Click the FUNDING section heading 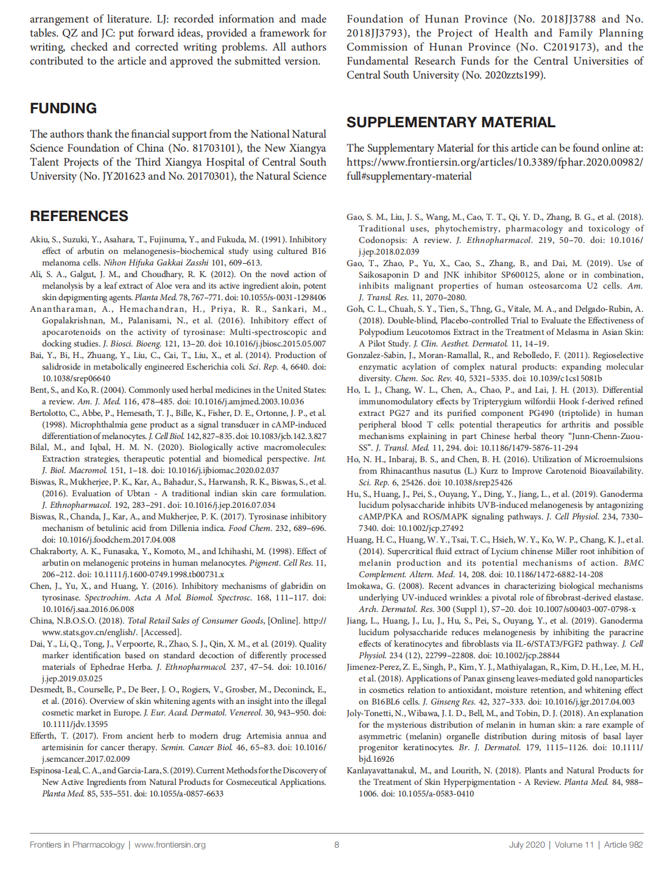63,108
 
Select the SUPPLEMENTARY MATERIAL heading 451,122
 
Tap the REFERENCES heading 79,216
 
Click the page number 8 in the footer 336,845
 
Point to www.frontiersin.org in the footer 170,845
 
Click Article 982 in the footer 623,845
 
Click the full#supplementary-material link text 409,176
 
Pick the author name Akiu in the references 38,239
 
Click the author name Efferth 43,736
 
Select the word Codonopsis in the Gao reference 383,240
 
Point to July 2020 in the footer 527,845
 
